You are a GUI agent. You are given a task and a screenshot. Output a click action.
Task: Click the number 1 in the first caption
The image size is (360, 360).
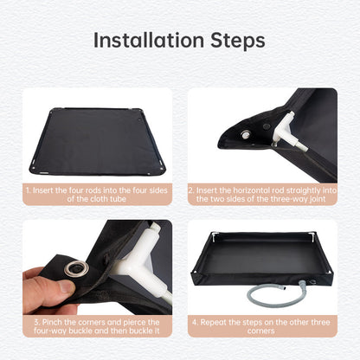pos(27,188)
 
